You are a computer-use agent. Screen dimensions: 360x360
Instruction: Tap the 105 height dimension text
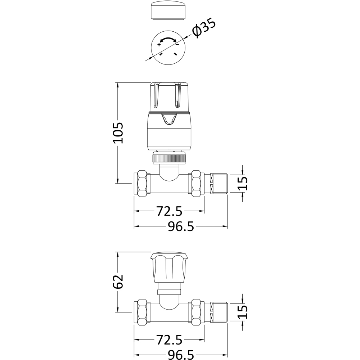point(118,133)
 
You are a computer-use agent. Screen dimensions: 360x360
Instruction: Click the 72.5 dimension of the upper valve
point(169,211)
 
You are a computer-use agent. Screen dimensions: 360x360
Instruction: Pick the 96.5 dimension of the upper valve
point(181,227)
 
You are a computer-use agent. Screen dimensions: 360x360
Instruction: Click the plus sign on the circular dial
point(159,45)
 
